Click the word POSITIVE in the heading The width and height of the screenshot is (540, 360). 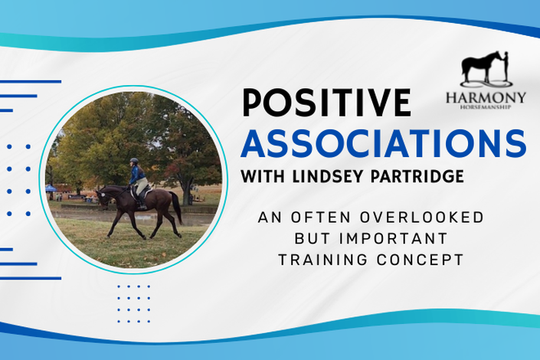click(x=327, y=103)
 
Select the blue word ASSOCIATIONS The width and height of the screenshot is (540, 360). click(x=383, y=143)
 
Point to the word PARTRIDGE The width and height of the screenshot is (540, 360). click(x=417, y=176)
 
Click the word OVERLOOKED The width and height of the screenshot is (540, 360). click(x=421, y=218)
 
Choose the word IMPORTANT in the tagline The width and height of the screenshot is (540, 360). click(x=393, y=238)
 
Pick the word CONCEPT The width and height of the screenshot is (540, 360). click(x=420, y=260)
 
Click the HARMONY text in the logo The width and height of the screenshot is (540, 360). click(x=486, y=97)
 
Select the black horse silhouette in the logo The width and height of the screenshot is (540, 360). click(x=480, y=68)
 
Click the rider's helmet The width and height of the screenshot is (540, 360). click(x=134, y=161)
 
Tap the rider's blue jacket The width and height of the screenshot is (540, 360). click(x=135, y=175)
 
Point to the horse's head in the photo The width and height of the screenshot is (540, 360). click(x=102, y=198)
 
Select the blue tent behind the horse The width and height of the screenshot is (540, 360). click(x=51, y=189)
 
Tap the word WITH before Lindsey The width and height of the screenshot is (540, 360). click(x=263, y=176)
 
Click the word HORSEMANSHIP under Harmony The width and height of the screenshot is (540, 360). click(x=486, y=107)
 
